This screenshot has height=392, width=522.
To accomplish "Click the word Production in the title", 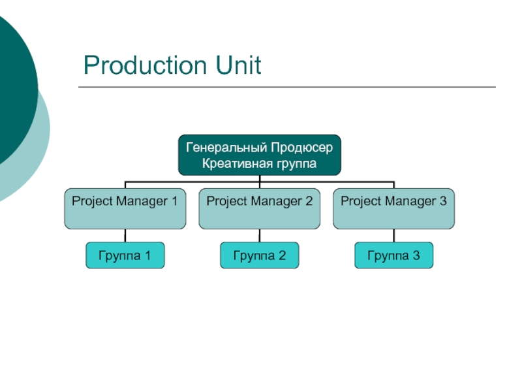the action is (145, 65).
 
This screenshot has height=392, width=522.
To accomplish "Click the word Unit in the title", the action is (238, 65).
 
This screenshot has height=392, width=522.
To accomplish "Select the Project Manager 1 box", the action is (125, 208).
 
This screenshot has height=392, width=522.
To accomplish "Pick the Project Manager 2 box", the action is (260, 208).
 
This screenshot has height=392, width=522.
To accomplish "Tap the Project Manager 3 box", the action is (394, 208).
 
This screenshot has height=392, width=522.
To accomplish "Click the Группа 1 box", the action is (125, 255).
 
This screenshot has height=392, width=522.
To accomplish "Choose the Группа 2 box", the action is (260, 255).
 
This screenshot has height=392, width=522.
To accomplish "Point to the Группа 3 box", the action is (394, 255).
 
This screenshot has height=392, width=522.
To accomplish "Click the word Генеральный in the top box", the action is (226, 148).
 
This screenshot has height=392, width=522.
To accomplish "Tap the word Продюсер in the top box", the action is (301, 148).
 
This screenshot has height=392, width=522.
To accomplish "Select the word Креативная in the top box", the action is (233, 164).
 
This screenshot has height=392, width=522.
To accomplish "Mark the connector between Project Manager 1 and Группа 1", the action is (125, 236).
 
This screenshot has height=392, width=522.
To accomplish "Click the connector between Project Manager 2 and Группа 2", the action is (260, 236).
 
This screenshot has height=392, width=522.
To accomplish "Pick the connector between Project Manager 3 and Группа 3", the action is (394, 236).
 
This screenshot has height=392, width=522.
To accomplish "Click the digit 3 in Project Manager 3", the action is (443, 201).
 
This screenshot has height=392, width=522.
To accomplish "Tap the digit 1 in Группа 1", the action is (147, 255).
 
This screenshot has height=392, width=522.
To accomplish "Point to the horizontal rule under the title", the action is (287, 87).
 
